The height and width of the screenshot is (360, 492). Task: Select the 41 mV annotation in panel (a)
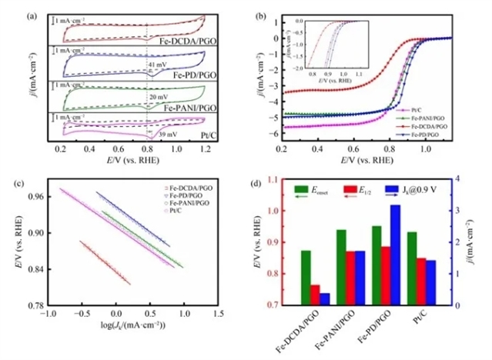click(159, 65)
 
